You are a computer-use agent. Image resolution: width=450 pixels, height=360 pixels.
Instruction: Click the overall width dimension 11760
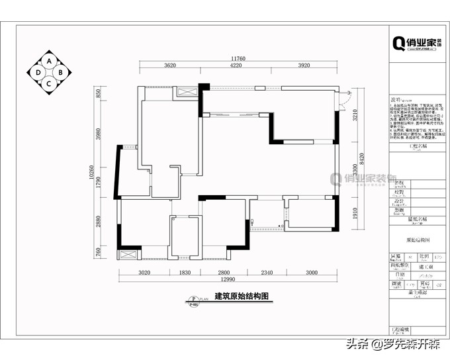point(238,59)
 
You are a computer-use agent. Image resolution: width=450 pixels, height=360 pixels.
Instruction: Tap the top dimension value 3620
point(170,66)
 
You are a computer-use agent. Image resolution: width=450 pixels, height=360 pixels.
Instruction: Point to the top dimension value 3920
point(304,66)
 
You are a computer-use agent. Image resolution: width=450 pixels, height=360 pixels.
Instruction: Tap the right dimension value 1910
point(355,213)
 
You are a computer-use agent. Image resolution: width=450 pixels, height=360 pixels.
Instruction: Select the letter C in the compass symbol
point(49,83)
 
